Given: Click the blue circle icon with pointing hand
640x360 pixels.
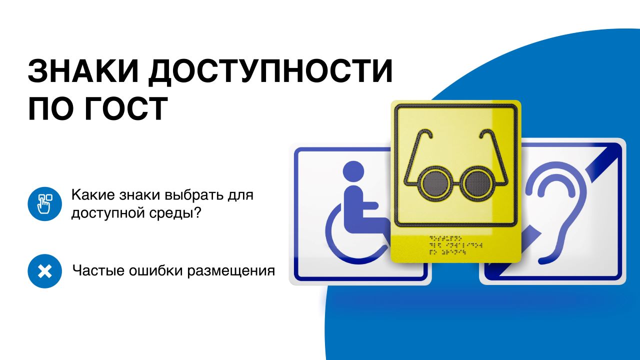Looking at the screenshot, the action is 44,203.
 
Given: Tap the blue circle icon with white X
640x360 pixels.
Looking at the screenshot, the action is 44,271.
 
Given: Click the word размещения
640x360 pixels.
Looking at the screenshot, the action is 231,271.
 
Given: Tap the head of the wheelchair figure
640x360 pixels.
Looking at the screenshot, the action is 353,171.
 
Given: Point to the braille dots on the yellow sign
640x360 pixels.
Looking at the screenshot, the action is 455,245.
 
